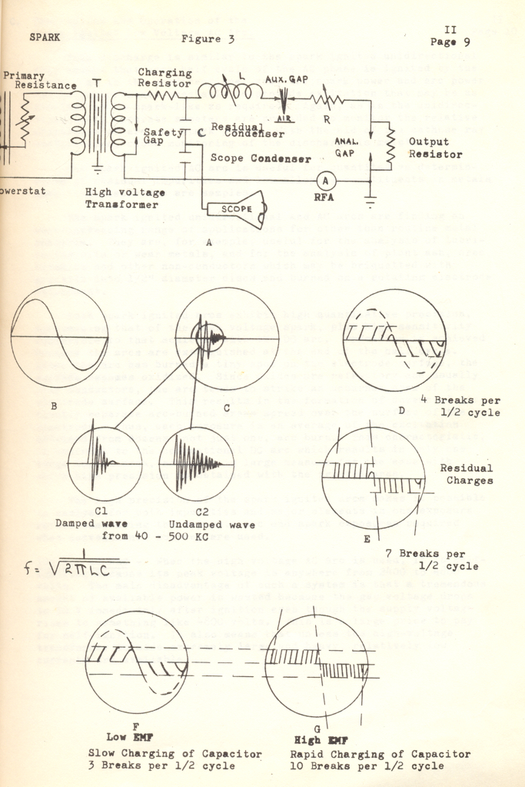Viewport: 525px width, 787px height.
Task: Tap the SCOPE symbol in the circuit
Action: pos(234,208)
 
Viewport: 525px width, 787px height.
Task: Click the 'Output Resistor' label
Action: pos(435,148)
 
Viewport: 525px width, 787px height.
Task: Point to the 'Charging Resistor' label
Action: pos(164,78)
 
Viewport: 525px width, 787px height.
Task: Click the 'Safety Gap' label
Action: pos(160,137)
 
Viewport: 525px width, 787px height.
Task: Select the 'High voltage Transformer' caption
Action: pos(128,199)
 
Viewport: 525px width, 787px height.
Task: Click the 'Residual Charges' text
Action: pos(467,474)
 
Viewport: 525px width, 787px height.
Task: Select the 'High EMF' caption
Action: pos(317,739)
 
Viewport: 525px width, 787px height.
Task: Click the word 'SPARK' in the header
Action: pos(46,37)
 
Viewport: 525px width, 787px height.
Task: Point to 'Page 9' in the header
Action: pos(450,42)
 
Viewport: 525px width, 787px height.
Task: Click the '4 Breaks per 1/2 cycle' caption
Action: pos(461,406)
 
